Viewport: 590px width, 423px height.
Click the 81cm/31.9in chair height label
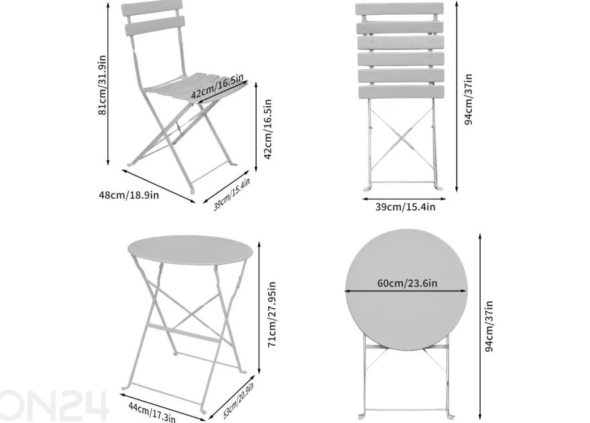[x=103, y=85]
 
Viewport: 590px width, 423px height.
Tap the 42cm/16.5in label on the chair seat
[x=217, y=87]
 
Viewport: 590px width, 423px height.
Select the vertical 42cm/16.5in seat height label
[x=267, y=129]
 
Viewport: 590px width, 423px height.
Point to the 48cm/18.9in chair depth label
[x=129, y=195]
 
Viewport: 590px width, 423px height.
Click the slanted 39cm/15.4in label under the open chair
[x=232, y=194]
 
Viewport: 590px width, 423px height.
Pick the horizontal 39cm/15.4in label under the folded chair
[x=405, y=207]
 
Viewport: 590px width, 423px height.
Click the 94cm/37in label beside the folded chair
[x=468, y=99]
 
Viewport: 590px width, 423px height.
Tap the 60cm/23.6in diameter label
[x=407, y=283]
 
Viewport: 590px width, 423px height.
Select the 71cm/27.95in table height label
[x=272, y=314]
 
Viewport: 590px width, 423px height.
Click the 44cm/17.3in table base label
[x=152, y=412]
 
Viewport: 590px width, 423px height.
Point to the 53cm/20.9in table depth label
[x=239, y=400]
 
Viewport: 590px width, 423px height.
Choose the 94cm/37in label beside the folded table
[x=489, y=326]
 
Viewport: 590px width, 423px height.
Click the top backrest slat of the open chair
[x=152, y=8]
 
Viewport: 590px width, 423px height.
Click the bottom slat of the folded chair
[x=401, y=92]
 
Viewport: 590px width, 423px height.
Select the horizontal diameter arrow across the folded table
[x=406, y=291]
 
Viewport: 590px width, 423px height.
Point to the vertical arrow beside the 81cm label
[x=108, y=83]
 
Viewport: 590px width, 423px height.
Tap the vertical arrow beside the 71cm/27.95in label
[x=259, y=308]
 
